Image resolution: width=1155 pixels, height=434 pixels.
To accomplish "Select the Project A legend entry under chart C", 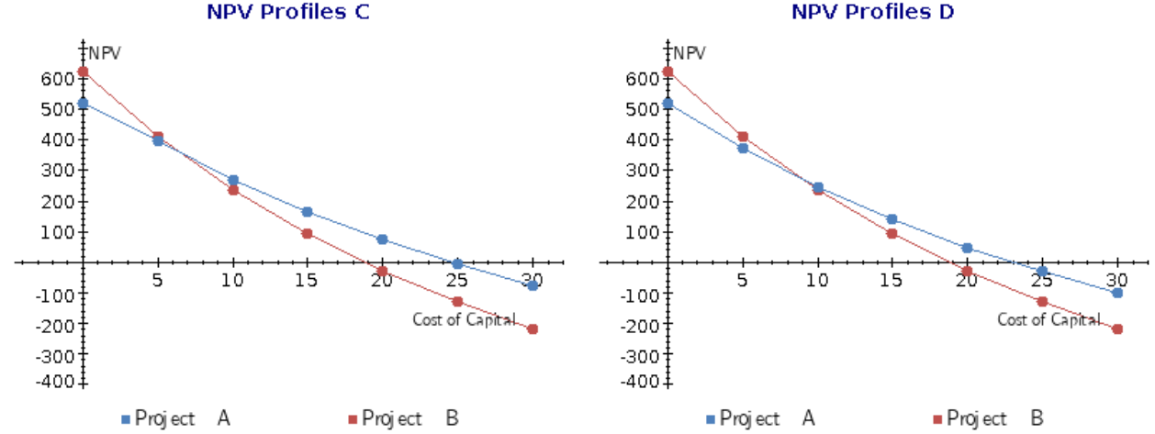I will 175,418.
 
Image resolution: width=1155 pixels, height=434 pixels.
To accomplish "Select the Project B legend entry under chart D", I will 988,418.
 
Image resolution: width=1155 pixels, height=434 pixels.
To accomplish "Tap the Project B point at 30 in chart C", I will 533,328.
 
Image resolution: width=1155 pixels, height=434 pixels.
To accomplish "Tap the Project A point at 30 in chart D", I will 1117,293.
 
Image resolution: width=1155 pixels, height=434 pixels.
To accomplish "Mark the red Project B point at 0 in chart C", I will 83,72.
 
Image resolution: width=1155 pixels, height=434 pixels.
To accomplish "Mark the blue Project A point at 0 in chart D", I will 667,104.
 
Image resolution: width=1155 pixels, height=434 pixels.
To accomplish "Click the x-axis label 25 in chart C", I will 457,280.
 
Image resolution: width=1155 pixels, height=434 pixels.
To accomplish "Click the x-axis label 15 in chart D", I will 891,280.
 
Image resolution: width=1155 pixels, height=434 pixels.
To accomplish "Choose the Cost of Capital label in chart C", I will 464,319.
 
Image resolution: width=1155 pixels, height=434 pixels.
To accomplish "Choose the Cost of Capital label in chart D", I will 1048,319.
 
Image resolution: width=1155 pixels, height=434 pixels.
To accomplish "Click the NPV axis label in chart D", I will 690,52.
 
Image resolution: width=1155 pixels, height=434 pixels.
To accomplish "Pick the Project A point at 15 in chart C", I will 308,212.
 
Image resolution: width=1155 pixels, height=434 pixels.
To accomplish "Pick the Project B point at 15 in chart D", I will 891,233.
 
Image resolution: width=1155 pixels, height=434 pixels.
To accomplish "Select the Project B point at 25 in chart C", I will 457,301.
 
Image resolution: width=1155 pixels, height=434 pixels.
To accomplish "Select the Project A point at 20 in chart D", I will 967,248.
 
